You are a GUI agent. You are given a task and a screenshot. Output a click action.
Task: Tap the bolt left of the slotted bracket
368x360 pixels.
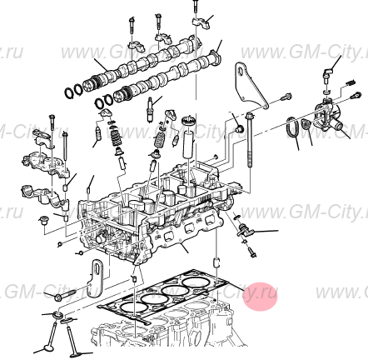tap(63, 294)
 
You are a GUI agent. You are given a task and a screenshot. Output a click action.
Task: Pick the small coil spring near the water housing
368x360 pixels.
tap(306, 126)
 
